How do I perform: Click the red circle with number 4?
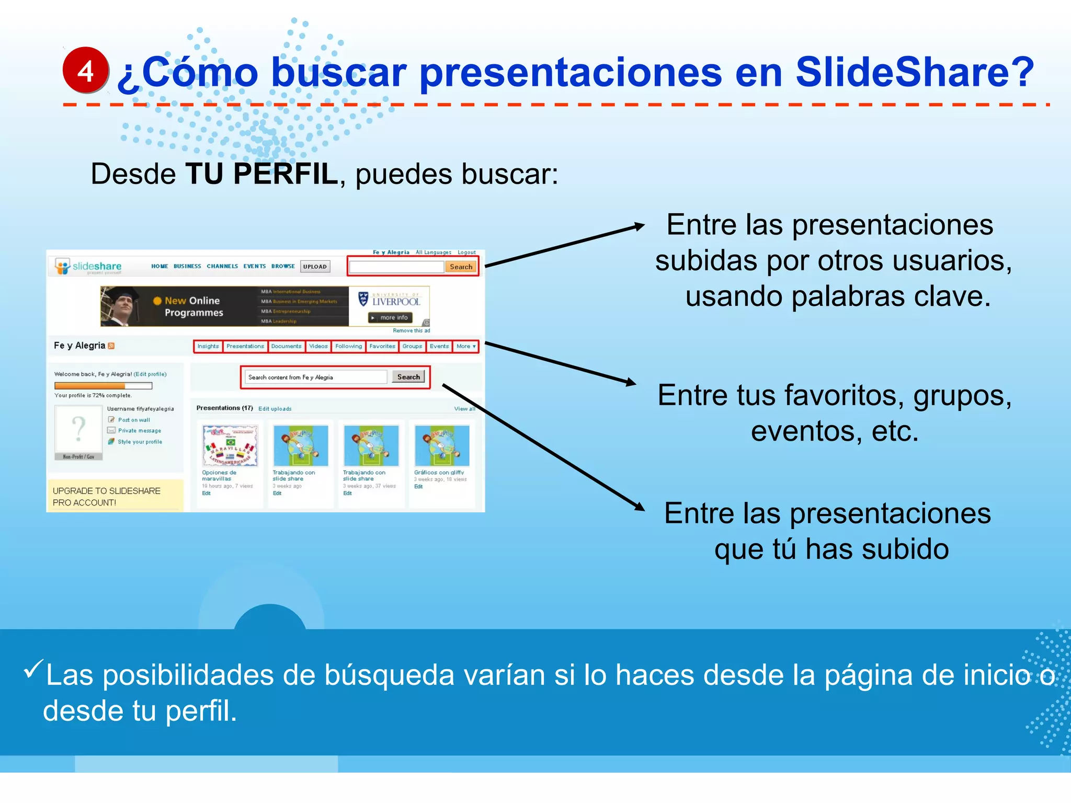pos(86,70)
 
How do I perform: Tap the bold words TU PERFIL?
pos(261,174)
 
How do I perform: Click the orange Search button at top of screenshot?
pos(461,267)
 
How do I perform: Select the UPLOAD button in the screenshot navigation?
pos(315,267)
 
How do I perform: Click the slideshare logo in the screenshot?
pos(89,267)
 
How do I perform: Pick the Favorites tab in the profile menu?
pos(382,346)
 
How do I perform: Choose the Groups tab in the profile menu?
pos(412,346)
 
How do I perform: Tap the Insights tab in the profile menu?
pos(208,346)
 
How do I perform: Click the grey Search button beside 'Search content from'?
pos(408,377)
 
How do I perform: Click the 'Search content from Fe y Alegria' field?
pos(316,377)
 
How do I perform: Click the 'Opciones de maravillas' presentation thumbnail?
pos(230,445)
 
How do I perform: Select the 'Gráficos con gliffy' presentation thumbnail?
pos(442,445)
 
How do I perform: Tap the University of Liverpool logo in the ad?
pos(390,300)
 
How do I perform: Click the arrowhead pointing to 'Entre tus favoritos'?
pos(631,382)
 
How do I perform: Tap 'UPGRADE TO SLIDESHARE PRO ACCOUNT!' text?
pos(107,497)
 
